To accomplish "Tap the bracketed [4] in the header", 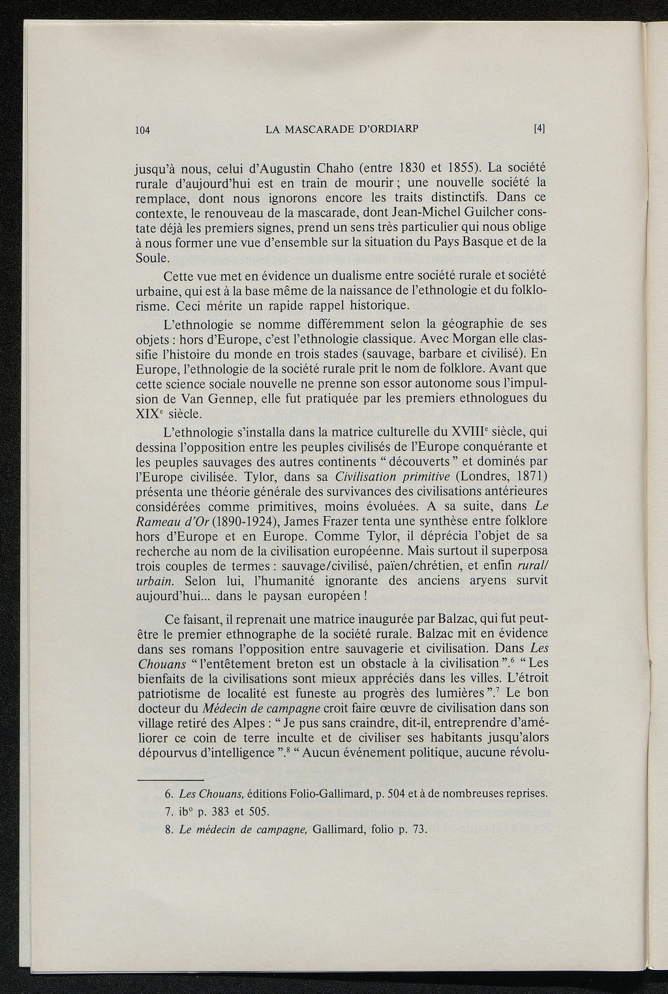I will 539,128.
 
